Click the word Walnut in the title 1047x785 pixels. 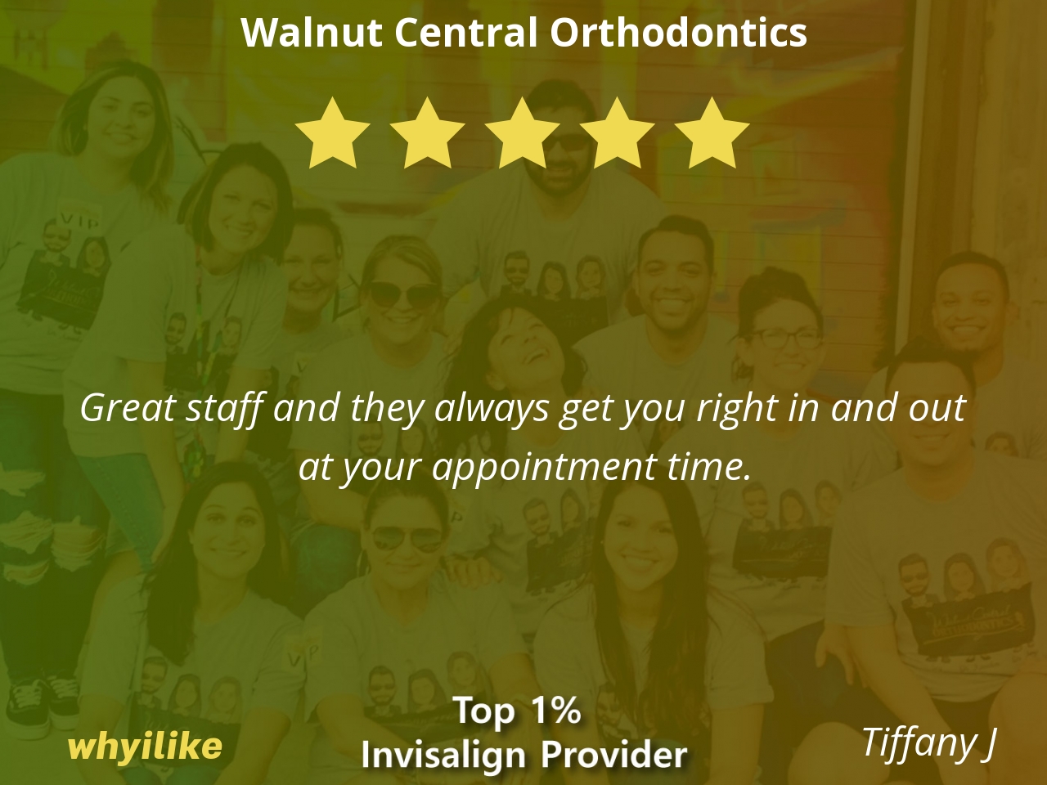click(x=312, y=33)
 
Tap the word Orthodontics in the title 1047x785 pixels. click(x=678, y=33)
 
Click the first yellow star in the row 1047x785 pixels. click(x=332, y=133)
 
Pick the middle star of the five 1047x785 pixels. click(x=523, y=133)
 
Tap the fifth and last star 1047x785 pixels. click(x=712, y=133)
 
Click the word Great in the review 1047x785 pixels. click(x=128, y=409)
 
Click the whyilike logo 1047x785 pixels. click(x=145, y=747)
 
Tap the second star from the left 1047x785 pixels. click(x=427, y=133)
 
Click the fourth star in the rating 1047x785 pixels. click(x=618, y=133)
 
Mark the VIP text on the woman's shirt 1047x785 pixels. click(x=79, y=221)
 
